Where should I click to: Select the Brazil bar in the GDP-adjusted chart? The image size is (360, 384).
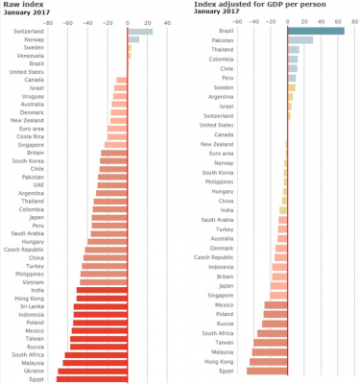coord(316,31)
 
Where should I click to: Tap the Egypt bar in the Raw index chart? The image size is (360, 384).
coord(92,379)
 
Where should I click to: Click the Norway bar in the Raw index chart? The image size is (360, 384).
coord(133,40)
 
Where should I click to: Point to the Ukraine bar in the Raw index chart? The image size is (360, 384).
coord(95,371)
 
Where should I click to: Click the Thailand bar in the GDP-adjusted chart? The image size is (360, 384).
coord(294,49)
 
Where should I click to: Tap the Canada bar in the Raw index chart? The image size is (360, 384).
coord(122,80)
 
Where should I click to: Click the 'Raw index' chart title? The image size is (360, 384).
coord(21,4)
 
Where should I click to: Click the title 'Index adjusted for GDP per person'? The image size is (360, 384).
coord(238,4)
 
